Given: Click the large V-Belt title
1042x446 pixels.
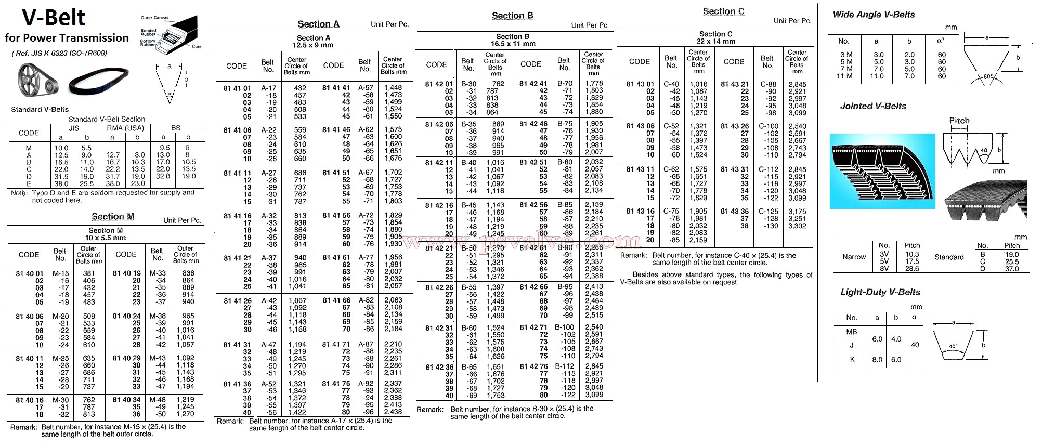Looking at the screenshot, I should [54, 18].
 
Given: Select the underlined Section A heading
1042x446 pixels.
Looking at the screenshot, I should [318, 24].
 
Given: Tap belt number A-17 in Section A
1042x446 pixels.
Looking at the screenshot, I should [268, 88].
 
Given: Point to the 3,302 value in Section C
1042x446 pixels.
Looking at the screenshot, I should [797, 226].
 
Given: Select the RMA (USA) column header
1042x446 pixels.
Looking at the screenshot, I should [125, 128].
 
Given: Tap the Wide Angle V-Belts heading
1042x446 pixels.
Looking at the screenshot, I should [874, 15].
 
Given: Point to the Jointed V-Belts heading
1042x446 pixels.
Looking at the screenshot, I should [873, 106].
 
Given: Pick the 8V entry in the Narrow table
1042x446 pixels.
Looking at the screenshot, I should [884, 269].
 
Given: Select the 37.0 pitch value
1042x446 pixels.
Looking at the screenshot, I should [1011, 269].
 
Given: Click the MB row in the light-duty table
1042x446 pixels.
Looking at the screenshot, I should [852, 332].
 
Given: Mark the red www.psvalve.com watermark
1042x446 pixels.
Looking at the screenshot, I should [520, 241].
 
